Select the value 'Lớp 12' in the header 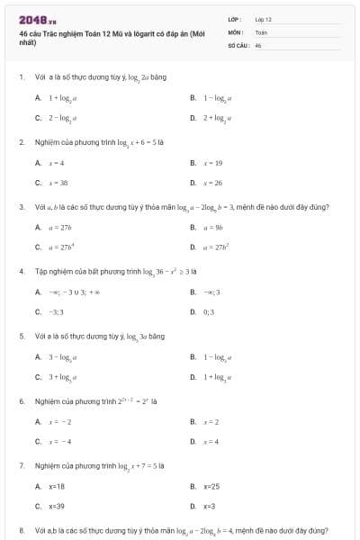[x=263, y=19]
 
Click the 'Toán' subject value [x=261, y=31]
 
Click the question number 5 [x=21, y=336]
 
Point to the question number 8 [x=21, y=531]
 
